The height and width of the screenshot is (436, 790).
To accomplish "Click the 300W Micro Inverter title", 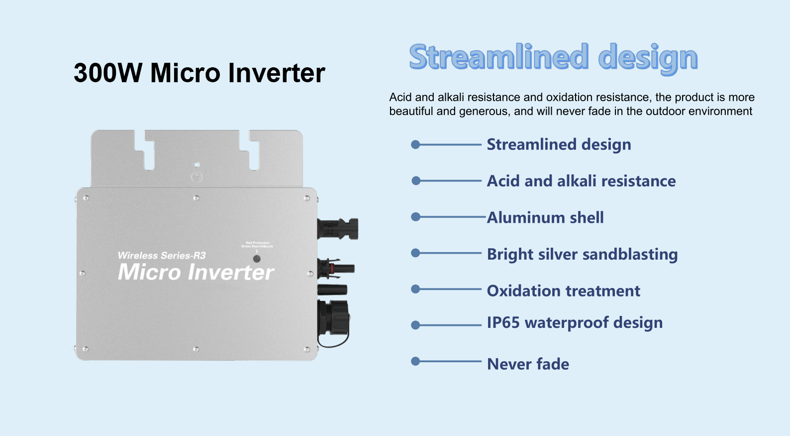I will click(199, 73).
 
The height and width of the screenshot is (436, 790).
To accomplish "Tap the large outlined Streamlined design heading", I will click(553, 58).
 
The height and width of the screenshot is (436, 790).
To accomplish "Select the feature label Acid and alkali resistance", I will click(581, 181).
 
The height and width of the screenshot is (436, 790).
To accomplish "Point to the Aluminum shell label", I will click(545, 217).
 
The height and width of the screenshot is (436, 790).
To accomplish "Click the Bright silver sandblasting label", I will click(582, 254).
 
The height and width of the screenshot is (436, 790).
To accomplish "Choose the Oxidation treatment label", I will click(563, 291).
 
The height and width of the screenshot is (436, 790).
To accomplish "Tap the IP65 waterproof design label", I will click(575, 323).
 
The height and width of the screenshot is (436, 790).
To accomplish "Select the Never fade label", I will click(528, 364).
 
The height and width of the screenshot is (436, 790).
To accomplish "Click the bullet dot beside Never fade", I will click(415, 361).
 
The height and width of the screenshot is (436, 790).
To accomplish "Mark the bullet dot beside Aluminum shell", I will click(416, 217).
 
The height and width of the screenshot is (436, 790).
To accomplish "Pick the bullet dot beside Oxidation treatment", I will click(415, 289).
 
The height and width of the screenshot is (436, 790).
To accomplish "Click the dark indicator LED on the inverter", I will click(257, 259).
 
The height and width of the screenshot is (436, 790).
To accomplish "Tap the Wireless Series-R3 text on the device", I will click(162, 256).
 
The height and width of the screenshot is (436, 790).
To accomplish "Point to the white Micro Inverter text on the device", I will click(196, 272).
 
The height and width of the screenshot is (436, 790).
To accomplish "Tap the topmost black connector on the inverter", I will click(338, 228).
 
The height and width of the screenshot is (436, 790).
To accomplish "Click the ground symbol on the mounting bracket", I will click(197, 177).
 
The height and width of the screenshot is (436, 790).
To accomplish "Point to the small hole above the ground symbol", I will click(197, 164).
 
